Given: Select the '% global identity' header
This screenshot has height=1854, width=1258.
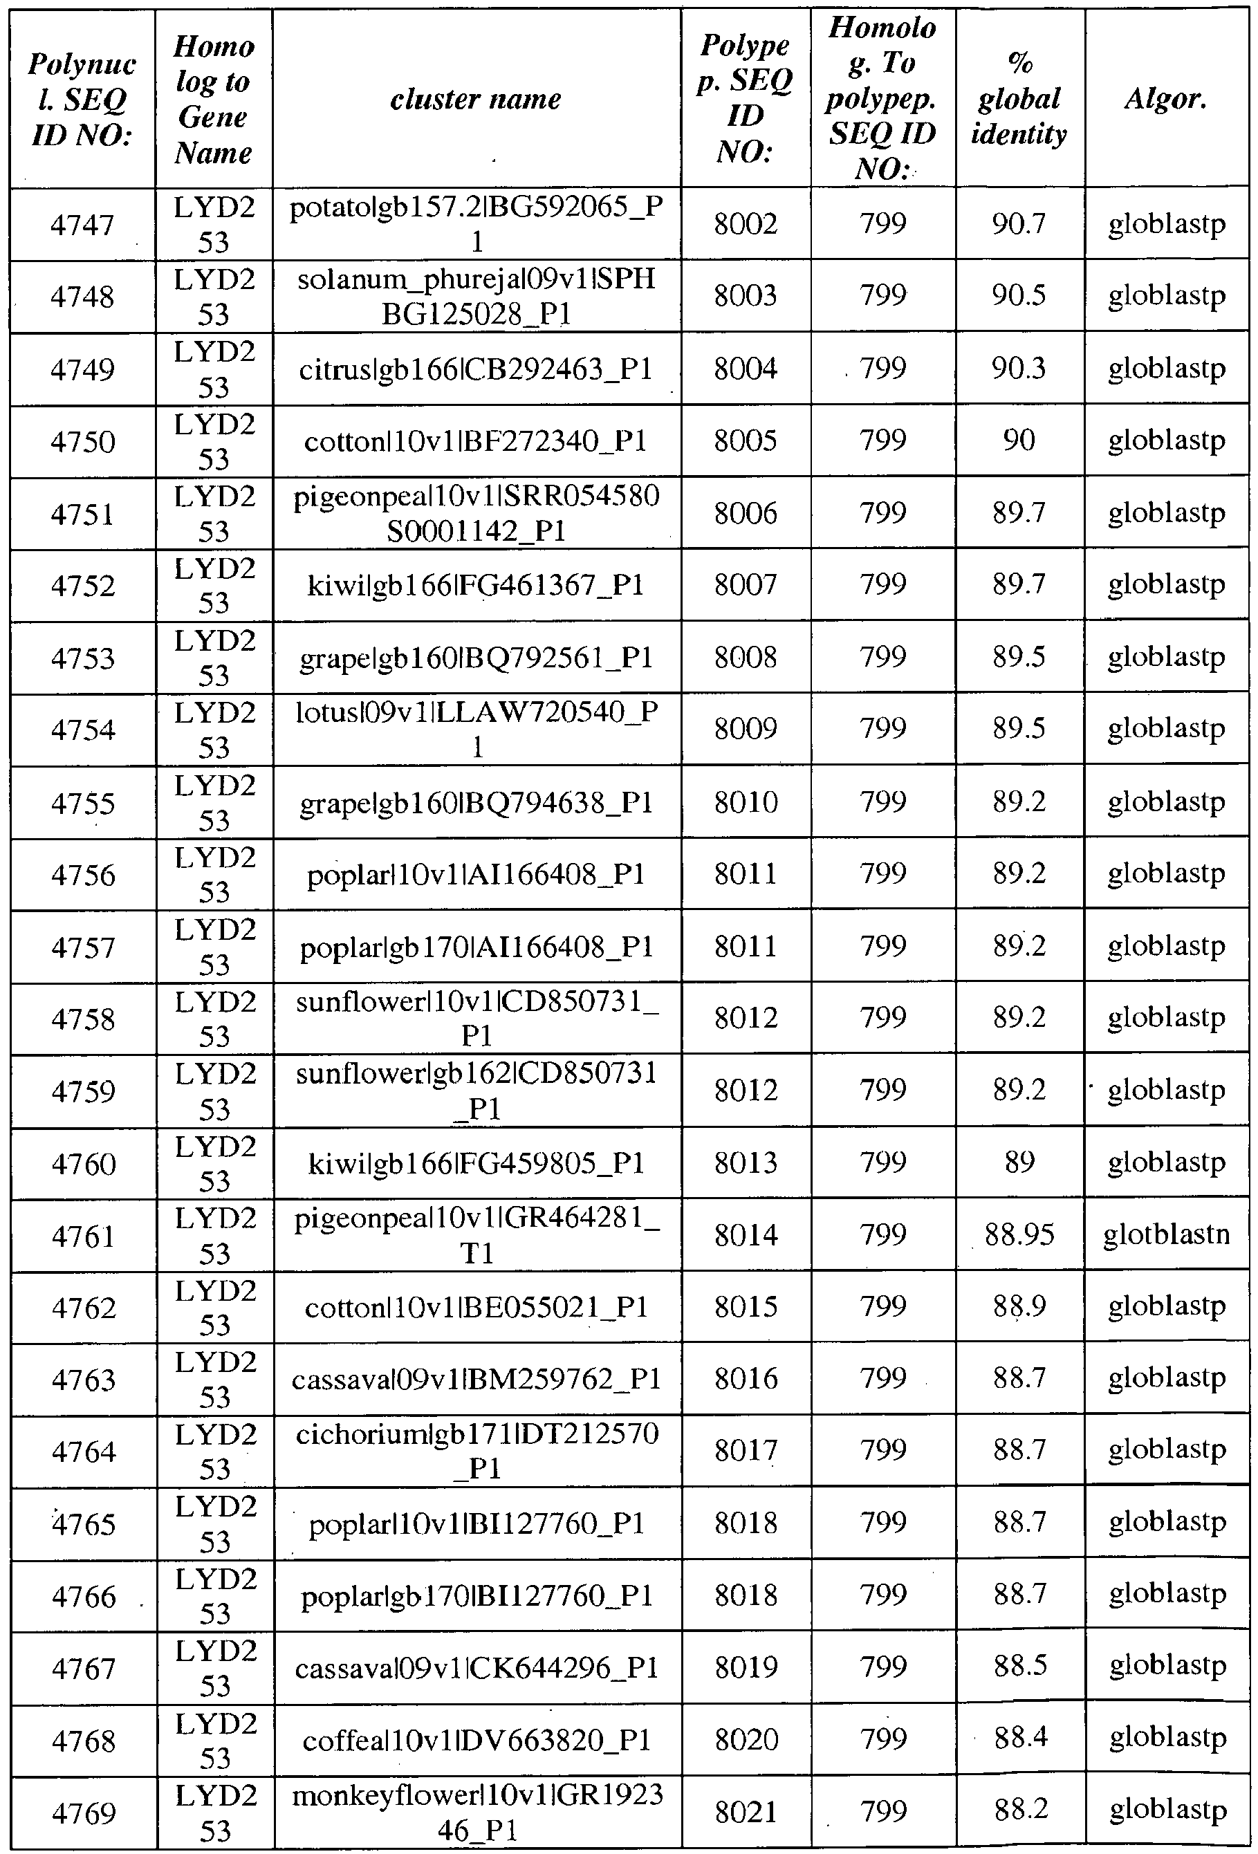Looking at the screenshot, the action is tap(1019, 99).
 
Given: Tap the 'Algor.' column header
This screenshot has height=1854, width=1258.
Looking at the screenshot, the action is tap(1165, 99).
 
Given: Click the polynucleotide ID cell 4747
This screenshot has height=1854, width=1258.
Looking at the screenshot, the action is tap(82, 225).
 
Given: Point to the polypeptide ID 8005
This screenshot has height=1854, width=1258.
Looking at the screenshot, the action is tap(745, 441).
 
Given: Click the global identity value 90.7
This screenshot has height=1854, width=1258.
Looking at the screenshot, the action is tap(1019, 224).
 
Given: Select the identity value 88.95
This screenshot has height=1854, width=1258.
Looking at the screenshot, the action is tap(1019, 1235).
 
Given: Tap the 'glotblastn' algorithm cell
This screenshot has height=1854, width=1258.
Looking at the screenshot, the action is tap(1165, 1235).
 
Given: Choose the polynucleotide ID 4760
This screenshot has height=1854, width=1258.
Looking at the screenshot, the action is tap(82, 1164).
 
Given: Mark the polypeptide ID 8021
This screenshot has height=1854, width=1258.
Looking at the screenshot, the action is tap(745, 1813).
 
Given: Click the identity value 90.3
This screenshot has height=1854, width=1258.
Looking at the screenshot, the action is tap(1019, 369).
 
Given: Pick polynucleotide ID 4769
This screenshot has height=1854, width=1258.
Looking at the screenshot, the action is tap(82, 1813).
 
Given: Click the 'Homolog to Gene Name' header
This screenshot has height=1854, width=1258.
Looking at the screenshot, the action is tap(213, 99).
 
